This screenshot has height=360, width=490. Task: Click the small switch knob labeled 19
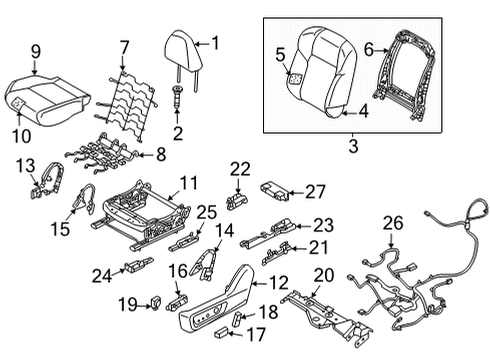click(157, 304)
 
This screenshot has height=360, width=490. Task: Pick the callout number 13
click(25, 164)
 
